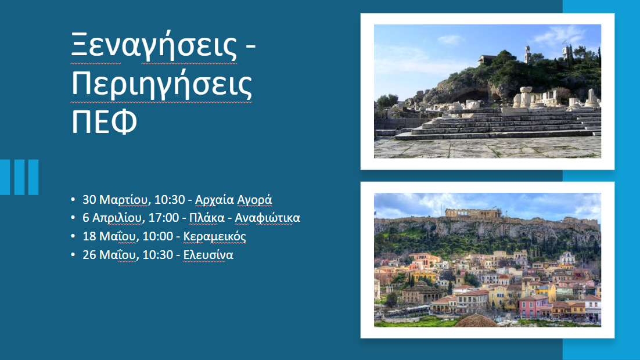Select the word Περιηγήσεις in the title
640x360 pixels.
tap(162, 85)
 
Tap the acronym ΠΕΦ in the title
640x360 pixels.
tap(105, 123)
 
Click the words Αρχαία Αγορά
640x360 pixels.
tap(233, 200)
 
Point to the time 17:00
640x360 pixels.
tap(165, 218)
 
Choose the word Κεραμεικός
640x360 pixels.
tap(215, 237)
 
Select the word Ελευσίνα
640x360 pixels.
tap(208, 255)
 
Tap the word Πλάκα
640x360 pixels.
tap(204, 218)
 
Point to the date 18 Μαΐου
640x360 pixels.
tap(109, 237)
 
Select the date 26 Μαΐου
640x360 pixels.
tap(109, 255)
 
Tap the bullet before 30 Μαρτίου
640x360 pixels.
tap(73, 200)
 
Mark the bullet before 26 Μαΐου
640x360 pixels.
tap(73, 255)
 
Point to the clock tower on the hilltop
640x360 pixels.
tap(527, 54)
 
